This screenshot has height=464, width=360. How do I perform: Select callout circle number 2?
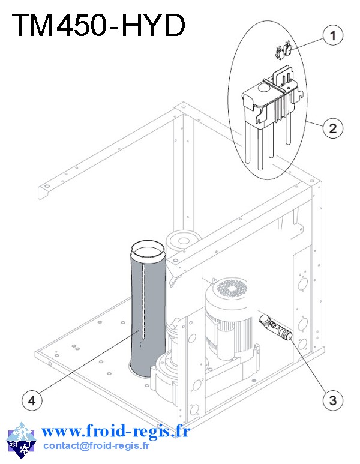[332, 127]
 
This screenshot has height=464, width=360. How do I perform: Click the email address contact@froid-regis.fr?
[97, 445]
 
